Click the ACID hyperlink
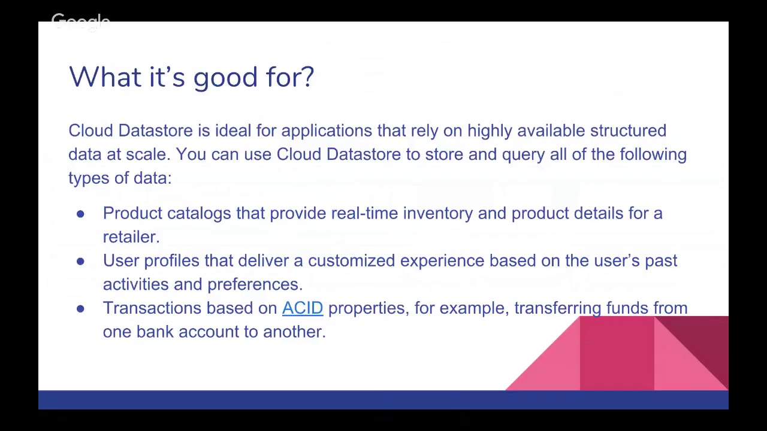(x=302, y=308)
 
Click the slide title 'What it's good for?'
(x=191, y=77)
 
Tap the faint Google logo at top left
(x=80, y=22)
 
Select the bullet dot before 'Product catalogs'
(x=80, y=214)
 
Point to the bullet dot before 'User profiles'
(x=80, y=261)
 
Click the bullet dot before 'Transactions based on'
(x=80, y=308)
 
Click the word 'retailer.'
(x=131, y=236)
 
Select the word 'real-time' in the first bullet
(x=364, y=213)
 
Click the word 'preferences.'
(x=255, y=284)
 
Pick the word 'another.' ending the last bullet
(x=294, y=332)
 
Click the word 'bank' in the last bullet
(x=155, y=332)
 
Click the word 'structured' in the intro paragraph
(x=627, y=130)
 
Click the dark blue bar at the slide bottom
(x=383, y=400)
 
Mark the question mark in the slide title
(x=307, y=77)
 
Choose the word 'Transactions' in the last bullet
(x=152, y=308)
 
